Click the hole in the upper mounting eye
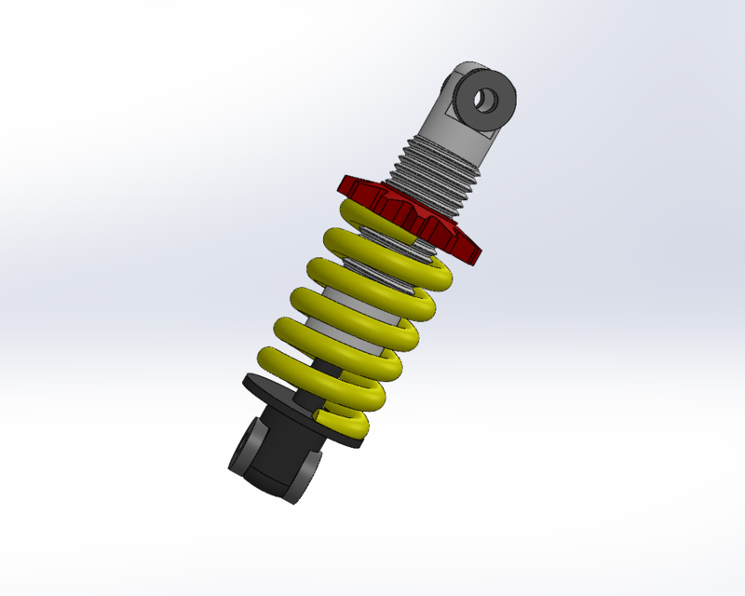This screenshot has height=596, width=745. (x=487, y=99)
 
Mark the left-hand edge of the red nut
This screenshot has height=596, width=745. (x=342, y=183)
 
